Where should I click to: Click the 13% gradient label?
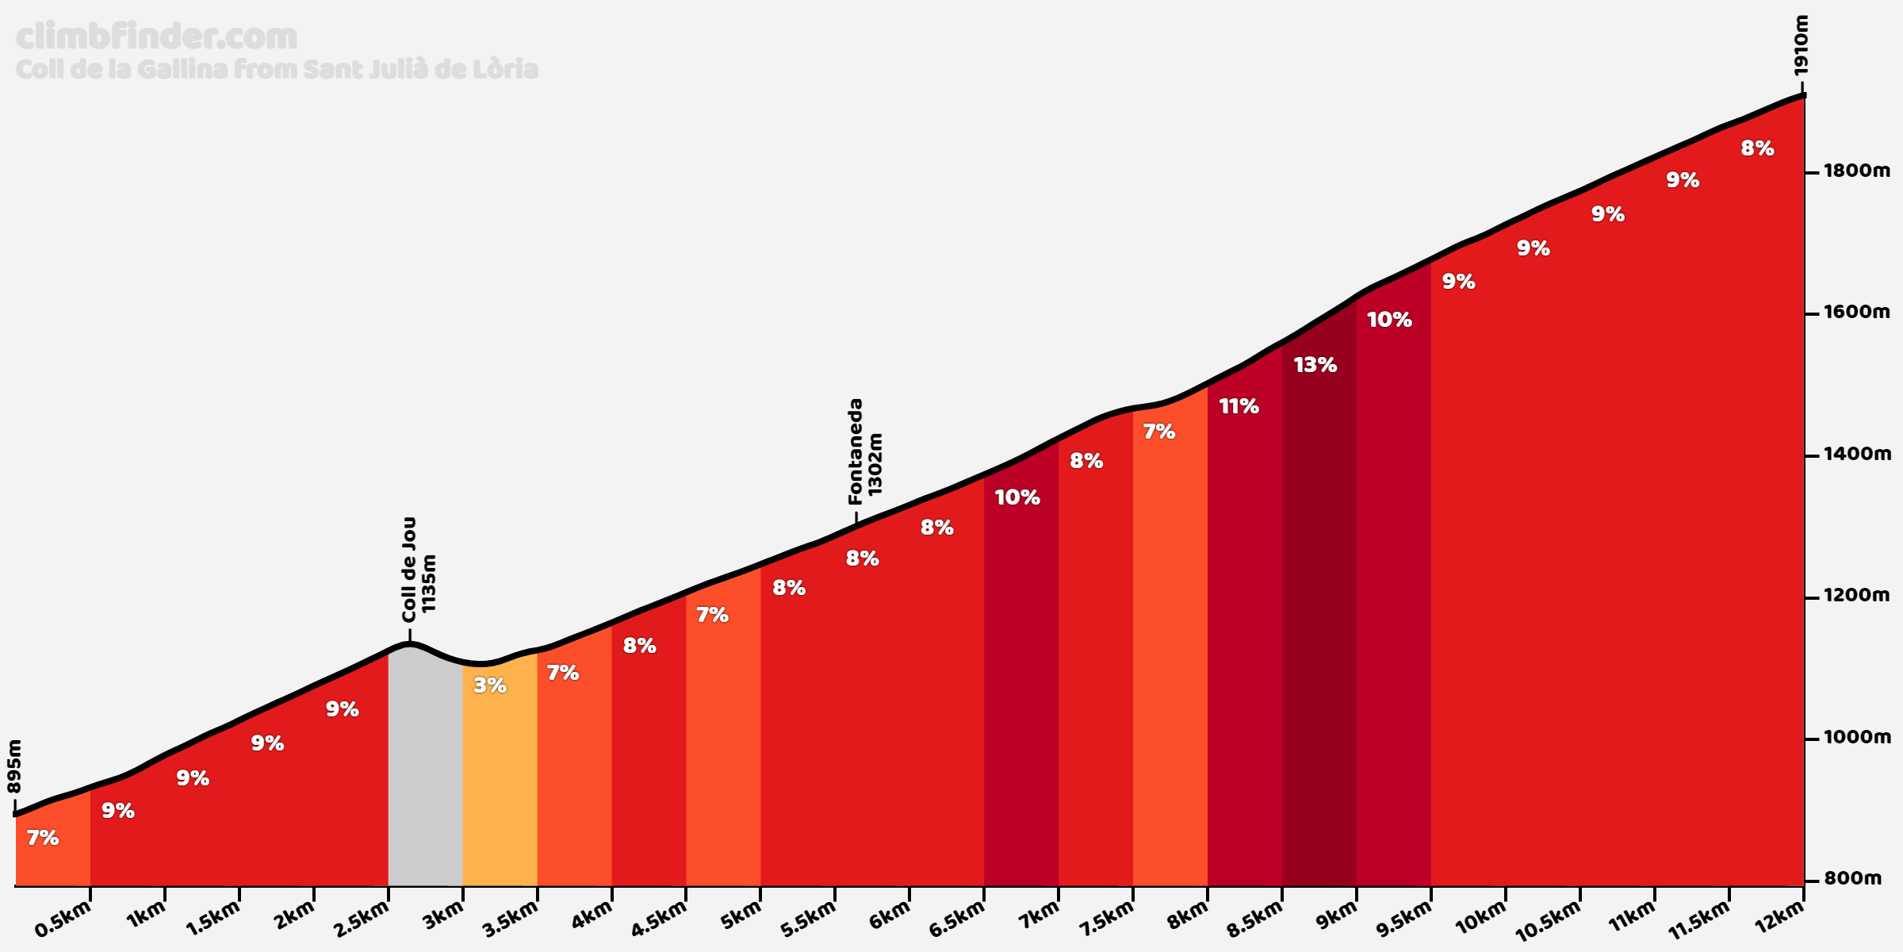(1315, 365)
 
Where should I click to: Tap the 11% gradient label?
(1239, 407)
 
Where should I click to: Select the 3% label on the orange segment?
(490, 685)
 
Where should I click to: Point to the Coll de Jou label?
(409, 570)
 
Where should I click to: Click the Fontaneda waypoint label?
(856, 451)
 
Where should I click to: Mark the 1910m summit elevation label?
(1802, 46)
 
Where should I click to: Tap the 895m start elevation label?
(15, 766)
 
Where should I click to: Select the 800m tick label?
(1852, 879)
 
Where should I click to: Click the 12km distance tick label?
(1779, 918)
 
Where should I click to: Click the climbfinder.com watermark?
(157, 36)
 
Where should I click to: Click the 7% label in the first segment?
(43, 838)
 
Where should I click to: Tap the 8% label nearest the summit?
(1757, 148)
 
